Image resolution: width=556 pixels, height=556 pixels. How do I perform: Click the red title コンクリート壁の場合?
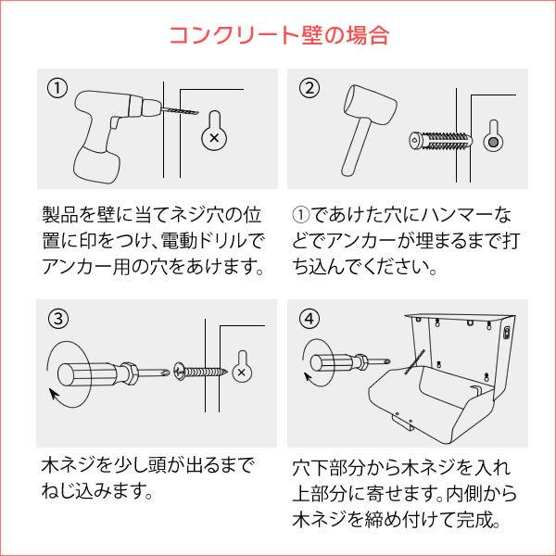pos(278,35)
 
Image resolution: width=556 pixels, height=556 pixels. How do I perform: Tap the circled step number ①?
pos(57,88)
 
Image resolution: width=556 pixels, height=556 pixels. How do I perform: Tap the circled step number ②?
pos(310,88)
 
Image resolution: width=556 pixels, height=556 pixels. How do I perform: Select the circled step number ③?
pos(57,319)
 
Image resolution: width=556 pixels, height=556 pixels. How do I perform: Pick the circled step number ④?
pos(310,319)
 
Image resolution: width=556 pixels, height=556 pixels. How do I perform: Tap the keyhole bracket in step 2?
pos(495,136)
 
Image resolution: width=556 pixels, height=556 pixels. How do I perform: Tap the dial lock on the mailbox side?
pos(506,331)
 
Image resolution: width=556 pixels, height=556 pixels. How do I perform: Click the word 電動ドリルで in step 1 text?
pos(217,244)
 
